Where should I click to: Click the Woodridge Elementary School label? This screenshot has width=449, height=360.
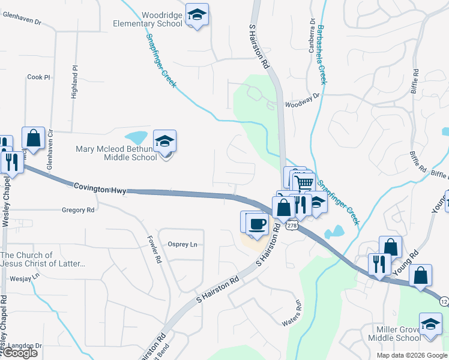pos(148,19)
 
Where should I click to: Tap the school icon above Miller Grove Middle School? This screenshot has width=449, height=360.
pos(430,325)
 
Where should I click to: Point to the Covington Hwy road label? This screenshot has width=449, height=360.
pos(100,189)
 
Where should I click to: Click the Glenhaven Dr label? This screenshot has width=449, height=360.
pos(22,20)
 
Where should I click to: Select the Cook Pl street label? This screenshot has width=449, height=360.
pos(39,77)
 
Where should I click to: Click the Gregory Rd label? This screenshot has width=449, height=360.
pos(78,210)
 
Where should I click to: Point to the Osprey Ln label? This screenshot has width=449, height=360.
pos(182,244)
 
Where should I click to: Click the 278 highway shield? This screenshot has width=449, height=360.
pos(292,225)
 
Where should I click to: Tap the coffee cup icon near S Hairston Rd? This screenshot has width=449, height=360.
pos(257,224)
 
